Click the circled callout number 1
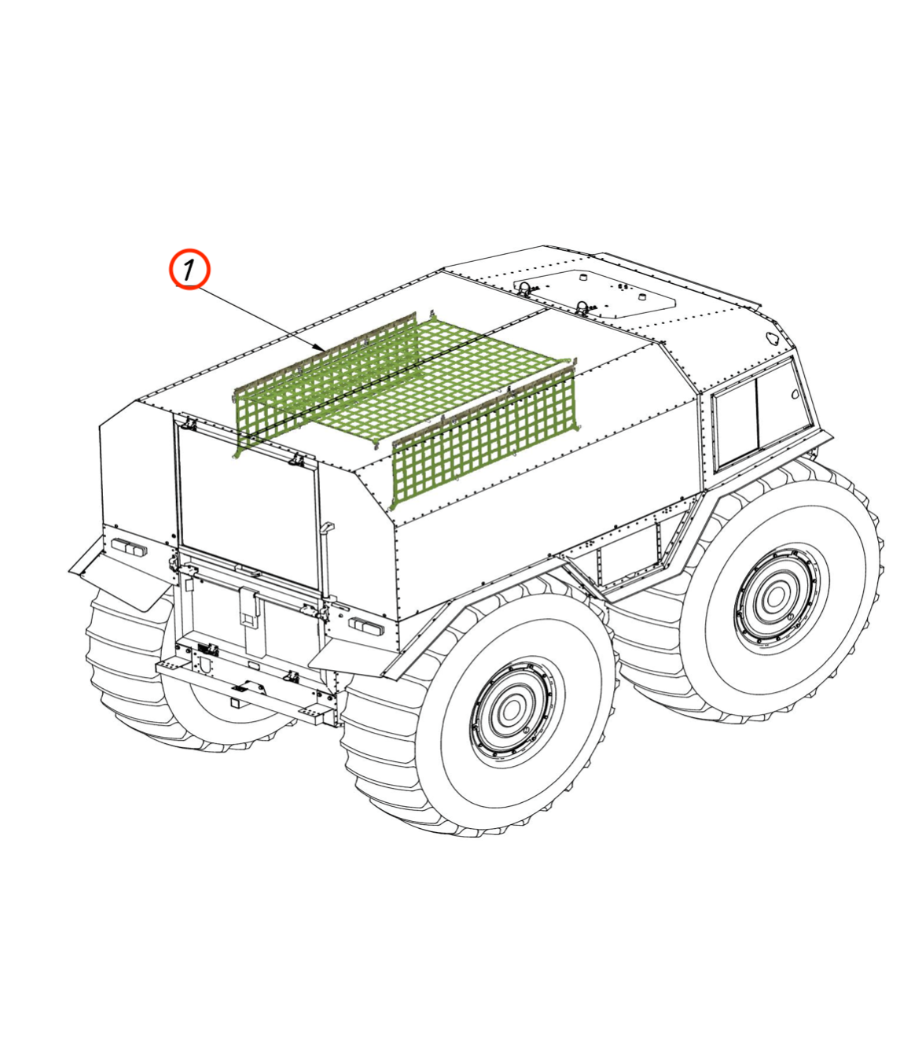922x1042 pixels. [x=189, y=270]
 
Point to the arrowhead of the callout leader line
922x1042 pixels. [x=321, y=348]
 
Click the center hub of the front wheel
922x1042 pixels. [x=773, y=597]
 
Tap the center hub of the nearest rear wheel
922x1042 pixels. [x=511, y=711]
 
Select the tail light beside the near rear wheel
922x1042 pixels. [x=365, y=626]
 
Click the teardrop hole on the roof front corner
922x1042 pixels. [x=773, y=338]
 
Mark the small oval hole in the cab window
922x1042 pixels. [x=795, y=395]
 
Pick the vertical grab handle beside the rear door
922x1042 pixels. [x=325, y=558]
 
